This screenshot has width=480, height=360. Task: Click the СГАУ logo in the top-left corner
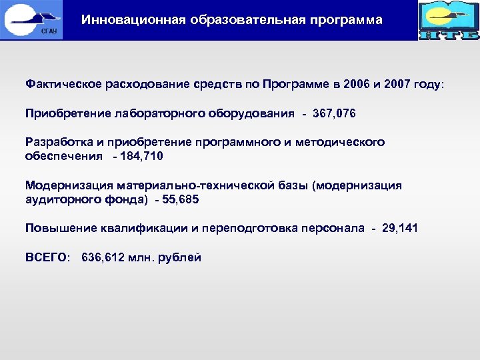[x=31, y=19]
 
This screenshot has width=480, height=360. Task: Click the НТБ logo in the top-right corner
[x=449, y=20]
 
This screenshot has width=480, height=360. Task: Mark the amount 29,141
[x=400, y=228]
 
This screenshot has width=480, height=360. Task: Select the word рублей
[x=180, y=257]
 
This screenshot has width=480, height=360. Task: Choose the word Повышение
[x=57, y=228]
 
